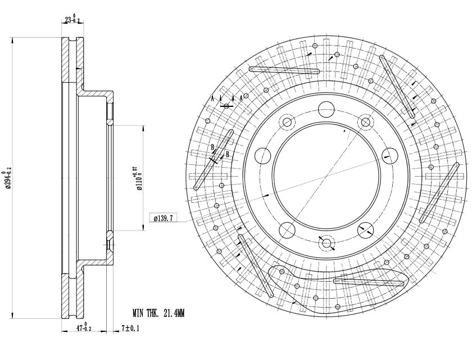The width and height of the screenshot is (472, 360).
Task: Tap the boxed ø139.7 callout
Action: click(x=164, y=217)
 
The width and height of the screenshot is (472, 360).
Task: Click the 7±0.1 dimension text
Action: click(x=130, y=328)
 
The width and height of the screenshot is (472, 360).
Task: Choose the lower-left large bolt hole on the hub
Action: click(x=287, y=229)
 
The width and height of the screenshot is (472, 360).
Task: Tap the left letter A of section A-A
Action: click(x=212, y=98)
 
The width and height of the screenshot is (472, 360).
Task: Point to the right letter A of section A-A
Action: click(x=241, y=98)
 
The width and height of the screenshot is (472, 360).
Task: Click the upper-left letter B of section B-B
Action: click(x=212, y=147)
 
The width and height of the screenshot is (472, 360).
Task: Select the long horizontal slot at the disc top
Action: click(x=284, y=70)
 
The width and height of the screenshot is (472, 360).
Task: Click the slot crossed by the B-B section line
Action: click(x=213, y=159)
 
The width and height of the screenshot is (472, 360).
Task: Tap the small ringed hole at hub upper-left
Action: click(x=287, y=122)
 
